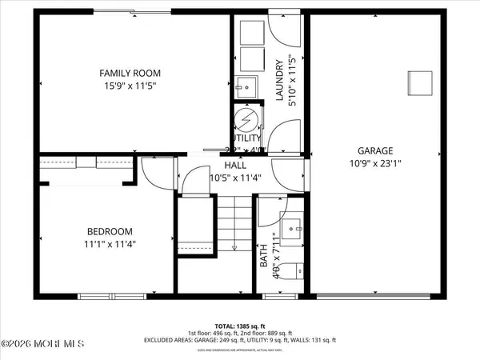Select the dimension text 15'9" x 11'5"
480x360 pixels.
pyautogui.click(x=130, y=86)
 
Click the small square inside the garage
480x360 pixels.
pyautogui.click(x=420, y=82)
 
